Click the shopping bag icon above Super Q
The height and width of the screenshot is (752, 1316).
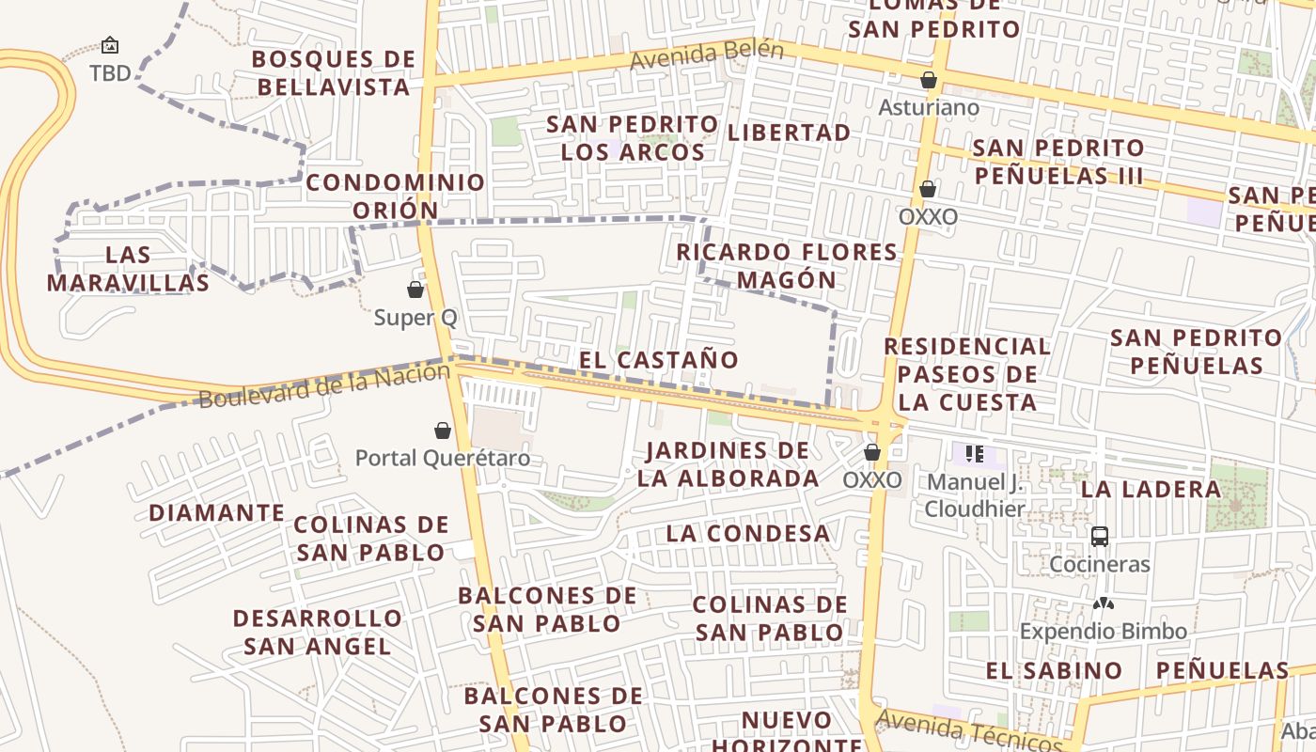(x=415, y=290)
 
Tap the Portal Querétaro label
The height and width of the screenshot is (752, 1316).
(x=443, y=458)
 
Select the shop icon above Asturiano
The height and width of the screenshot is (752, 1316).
(x=929, y=80)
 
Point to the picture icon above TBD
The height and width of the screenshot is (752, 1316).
(x=110, y=45)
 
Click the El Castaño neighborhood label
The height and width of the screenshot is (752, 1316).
(x=659, y=359)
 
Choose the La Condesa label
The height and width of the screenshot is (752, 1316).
(x=748, y=533)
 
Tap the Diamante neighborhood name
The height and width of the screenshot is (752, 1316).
(x=216, y=512)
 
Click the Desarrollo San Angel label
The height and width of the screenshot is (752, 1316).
(x=318, y=632)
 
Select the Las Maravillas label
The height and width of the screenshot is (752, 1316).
(x=128, y=268)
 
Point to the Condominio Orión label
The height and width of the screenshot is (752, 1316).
(x=396, y=196)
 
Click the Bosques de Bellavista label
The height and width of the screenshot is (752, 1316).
(x=334, y=73)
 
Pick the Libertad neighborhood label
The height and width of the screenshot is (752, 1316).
(x=790, y=133)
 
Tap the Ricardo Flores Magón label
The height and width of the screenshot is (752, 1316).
(x=787, y=265)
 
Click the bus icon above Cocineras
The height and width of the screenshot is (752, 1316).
(x=1100, y=537)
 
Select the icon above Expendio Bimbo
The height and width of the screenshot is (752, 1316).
(x=1104, y=603)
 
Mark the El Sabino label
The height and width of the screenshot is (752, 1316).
(x=1054, y=670)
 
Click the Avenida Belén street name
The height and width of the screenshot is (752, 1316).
(x=706, y=55)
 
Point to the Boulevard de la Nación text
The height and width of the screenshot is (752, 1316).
(x=324, y=385)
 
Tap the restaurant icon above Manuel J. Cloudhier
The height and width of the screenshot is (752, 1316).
(x=975, y=455)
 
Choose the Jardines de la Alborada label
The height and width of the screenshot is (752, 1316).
(x=728, y=463)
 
